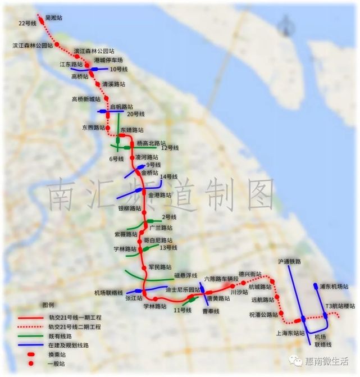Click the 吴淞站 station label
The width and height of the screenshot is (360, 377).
[53, 18]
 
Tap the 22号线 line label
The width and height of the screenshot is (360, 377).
[26, 23]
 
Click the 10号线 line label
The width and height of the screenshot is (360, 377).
[119, 70]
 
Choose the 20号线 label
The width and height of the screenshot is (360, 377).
[135, 114]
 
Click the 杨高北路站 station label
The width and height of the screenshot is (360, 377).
[151, 143]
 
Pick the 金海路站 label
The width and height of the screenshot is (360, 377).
[160, 195]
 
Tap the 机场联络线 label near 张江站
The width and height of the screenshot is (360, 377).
[108, 293]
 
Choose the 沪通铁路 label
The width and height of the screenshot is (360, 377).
[290, 262]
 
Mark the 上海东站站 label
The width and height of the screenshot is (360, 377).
[290, 333]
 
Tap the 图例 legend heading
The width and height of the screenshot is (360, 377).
[48, 305]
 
